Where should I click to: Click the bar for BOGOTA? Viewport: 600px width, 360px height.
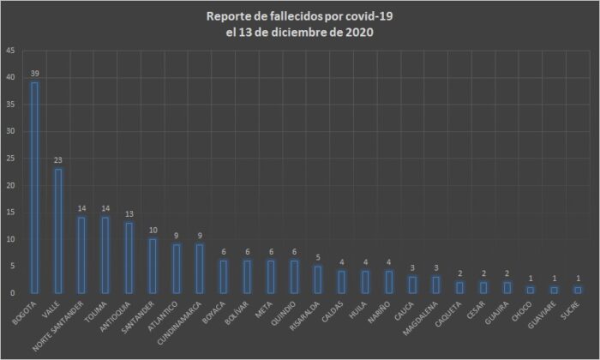coord(34,188)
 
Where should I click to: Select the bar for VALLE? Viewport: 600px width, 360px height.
coord(58,231)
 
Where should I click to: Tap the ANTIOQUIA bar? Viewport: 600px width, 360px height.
coord(129,257)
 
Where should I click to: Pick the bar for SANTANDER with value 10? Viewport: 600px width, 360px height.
coord(153,266)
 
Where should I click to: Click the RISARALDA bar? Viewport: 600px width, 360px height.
coord(317,279)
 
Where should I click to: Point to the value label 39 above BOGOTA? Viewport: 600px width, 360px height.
coord(34,74)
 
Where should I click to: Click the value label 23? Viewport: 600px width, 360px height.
coord(58,159)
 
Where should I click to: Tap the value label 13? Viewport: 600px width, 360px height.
coord(129,213)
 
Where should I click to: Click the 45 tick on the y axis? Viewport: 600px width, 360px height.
coord(9,51)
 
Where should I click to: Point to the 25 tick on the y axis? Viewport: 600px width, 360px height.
coord(9,159)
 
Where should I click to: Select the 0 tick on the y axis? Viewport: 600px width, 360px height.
coord(12,293)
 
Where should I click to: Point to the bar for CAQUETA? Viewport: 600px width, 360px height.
coord(459,287)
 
